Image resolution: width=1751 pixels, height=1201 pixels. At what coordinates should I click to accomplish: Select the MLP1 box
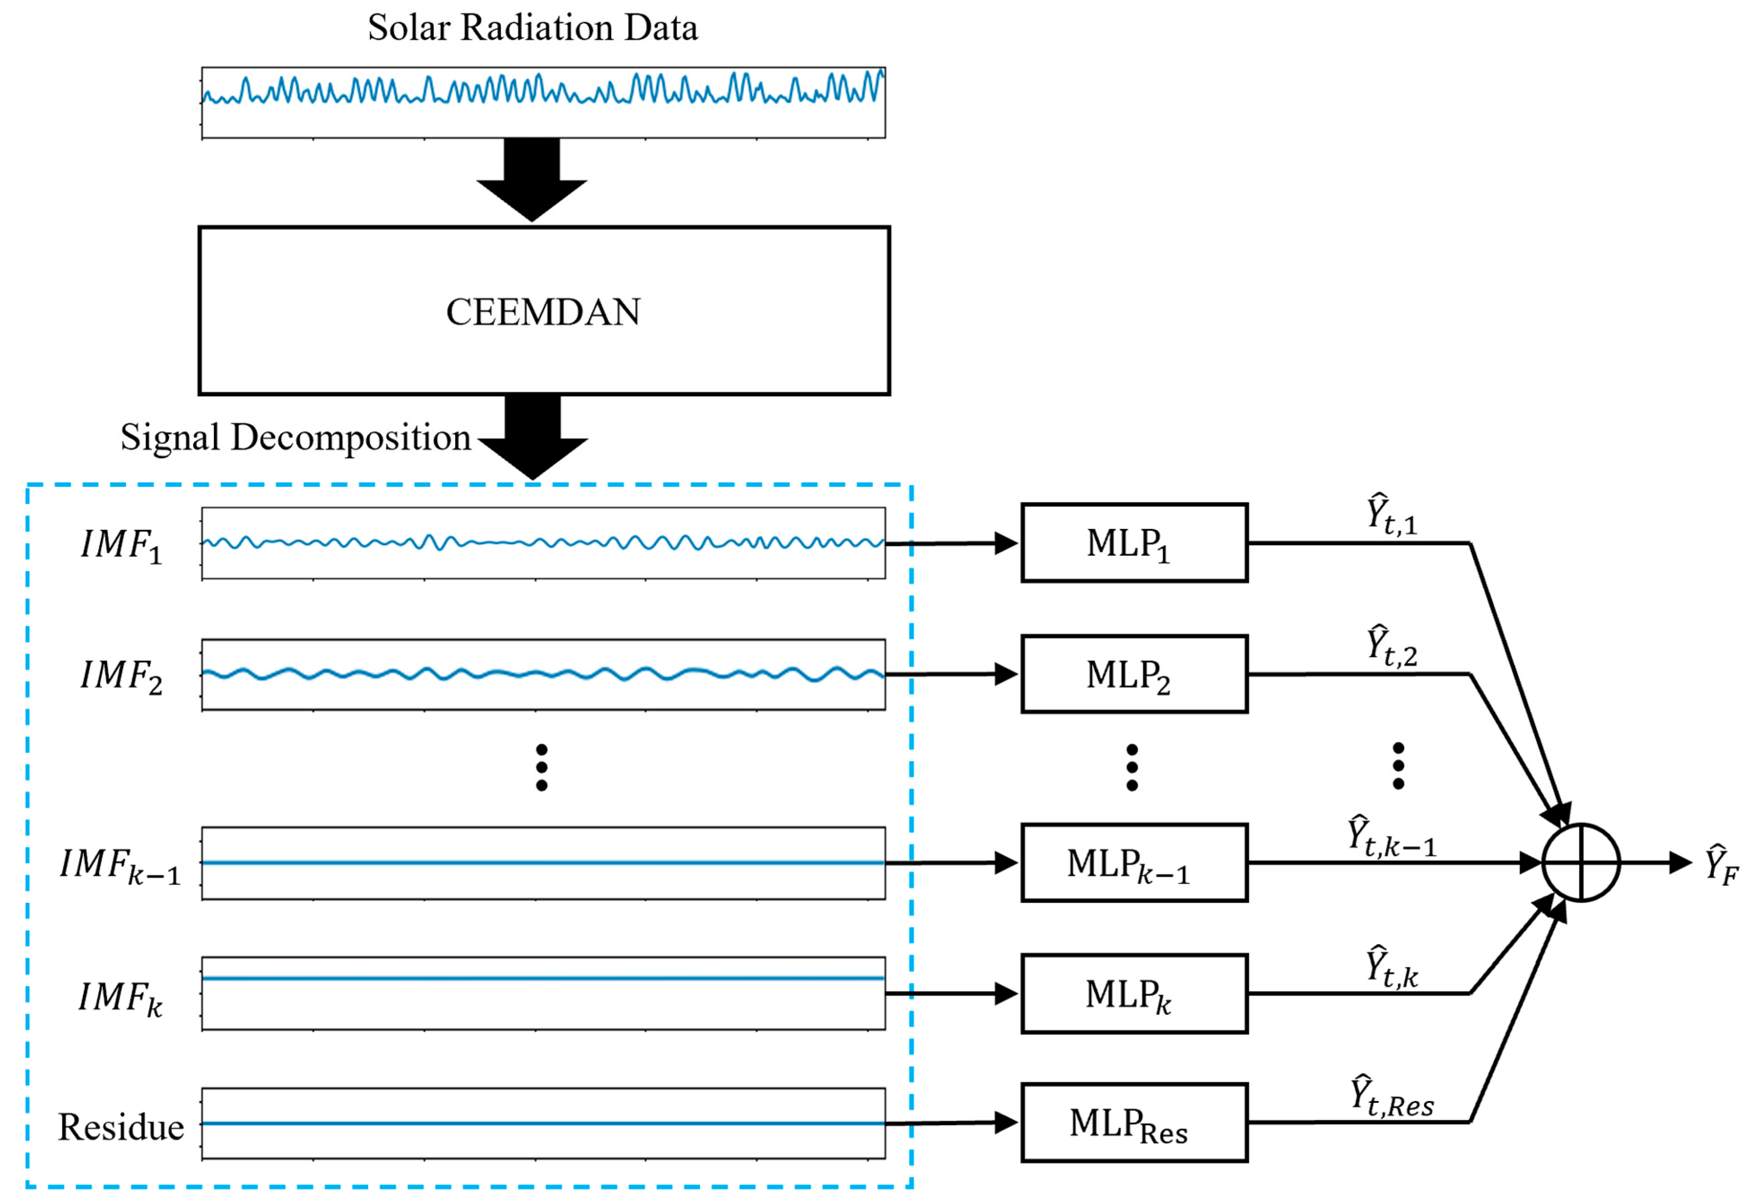tap(1134, 542)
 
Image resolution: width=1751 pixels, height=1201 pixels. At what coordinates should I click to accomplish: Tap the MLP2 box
tap(1134, 674)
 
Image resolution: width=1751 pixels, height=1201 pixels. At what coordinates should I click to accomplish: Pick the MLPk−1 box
tap(1134, 863)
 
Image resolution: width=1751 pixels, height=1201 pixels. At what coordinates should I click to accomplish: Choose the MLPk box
tap(1134, 994)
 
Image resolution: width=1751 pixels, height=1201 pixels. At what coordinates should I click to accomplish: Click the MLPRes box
tap(1134, 1123)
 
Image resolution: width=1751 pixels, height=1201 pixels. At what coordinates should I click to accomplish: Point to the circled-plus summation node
tap(1581, 863)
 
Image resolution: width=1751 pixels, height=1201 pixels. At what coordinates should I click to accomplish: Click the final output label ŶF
tap(1721, 864)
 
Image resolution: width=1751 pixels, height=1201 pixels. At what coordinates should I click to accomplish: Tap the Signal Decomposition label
tap(295, 437)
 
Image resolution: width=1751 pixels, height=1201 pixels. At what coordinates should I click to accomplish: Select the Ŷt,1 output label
tap(1392, 515)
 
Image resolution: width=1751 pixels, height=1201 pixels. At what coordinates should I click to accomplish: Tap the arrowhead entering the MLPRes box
tap(1006, 1123)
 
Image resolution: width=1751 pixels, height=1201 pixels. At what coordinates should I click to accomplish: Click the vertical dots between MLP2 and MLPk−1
tap(1132, 767)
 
